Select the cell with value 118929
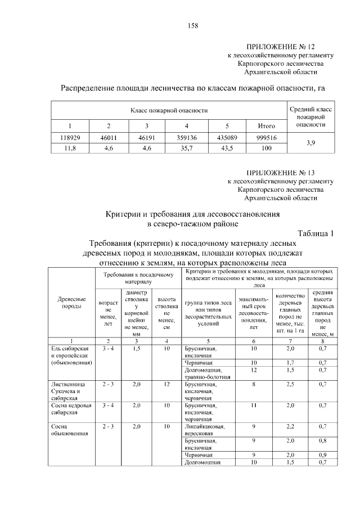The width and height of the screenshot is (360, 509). (x=71, y=138)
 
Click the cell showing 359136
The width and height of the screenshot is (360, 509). (x=186, y=138)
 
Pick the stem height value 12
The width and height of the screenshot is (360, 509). (x=166, y=384)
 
